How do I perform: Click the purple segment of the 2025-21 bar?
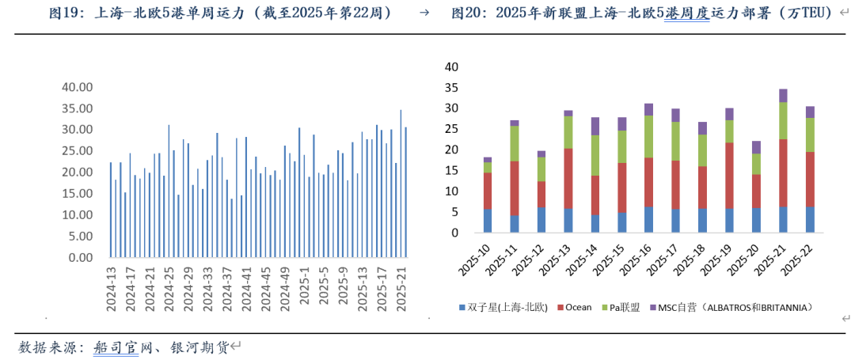tap(783, 96)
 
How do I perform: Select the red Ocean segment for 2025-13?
tap(568, 178)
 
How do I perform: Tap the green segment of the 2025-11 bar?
tap(515, 143)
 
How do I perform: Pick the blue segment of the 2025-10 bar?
tap(488, 220)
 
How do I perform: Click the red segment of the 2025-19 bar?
tap(729, 175)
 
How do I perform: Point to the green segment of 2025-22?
tap(810, 135)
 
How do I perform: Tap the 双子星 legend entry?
tap(507, 307)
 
